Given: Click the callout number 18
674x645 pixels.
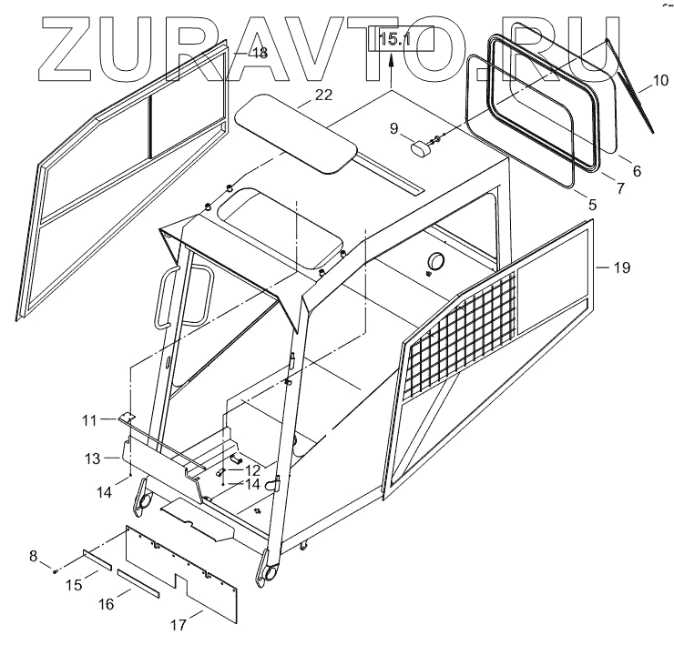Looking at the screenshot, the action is [x=259, y=54].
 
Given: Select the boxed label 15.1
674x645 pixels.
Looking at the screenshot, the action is [x=394, y=39].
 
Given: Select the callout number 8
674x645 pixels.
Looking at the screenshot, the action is [x=35, y=555].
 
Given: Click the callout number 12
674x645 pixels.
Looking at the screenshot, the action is [x=253, y=469].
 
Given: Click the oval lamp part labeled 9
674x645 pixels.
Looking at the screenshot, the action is [x=420, y=149].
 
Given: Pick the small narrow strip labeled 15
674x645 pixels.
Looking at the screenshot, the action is [x=95, y=559].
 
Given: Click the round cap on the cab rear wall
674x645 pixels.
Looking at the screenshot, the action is [x=434, y=261].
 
